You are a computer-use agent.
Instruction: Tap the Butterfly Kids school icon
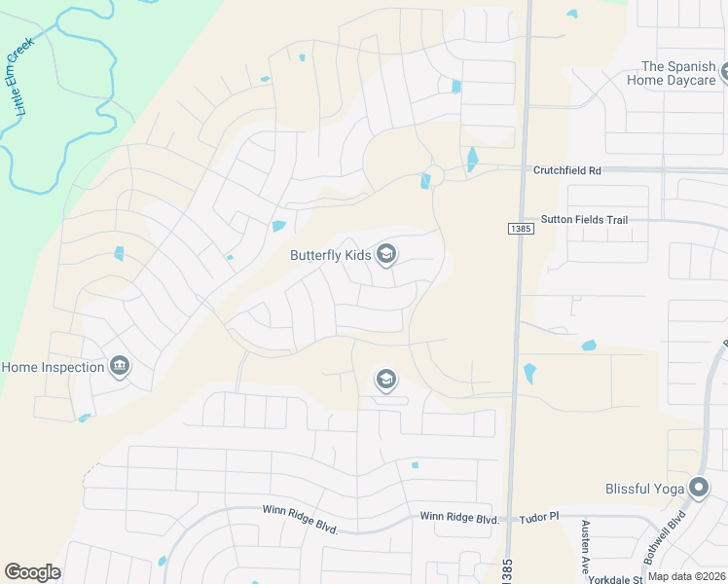pos(386,255)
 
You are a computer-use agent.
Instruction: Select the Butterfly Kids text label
pos(330,256)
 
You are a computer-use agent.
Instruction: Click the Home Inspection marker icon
pos(119,367)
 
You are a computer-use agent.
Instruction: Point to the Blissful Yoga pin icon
pos(699,489)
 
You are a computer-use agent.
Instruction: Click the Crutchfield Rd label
pos(567,170)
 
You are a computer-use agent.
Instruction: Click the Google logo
pos(32,572)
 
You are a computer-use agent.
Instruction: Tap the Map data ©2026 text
pos(686,576)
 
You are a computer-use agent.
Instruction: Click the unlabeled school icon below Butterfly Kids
pos(386,379)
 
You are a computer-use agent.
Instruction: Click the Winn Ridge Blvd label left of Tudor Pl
pos(459,518)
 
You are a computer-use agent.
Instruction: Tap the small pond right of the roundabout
pos(472,159)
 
